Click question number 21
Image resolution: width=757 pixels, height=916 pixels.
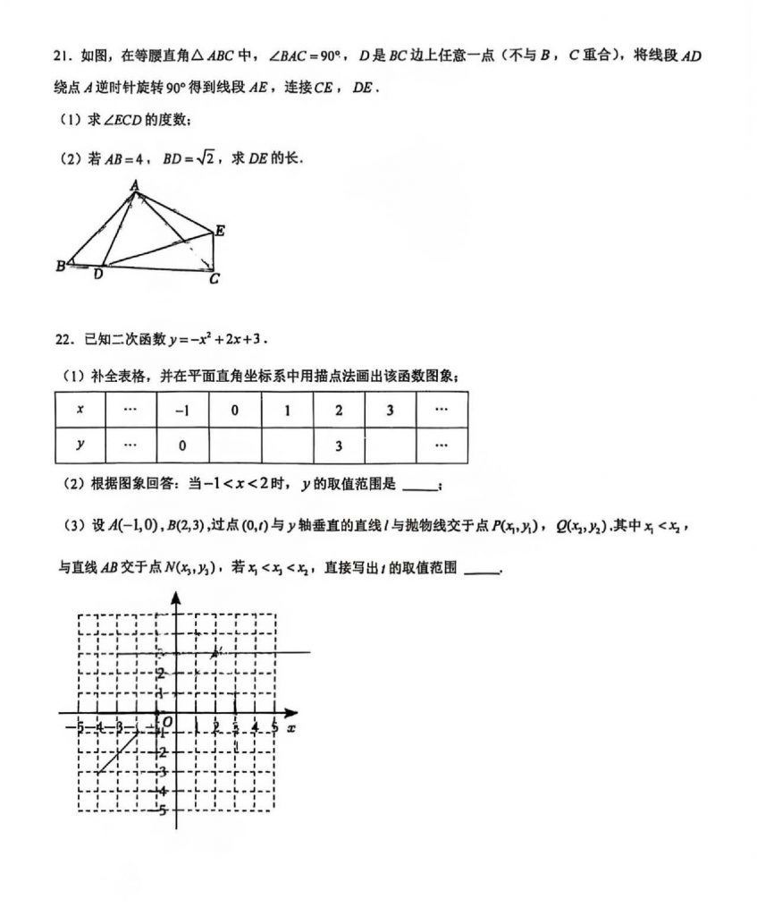pyautogui.click(x=62, y=57)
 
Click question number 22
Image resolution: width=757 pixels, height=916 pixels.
pyautogui.click(x=62, y=340)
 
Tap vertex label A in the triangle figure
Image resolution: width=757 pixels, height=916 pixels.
pyautogui.click(x=134, y=185)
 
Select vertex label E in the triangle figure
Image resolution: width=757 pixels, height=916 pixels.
pyautogui.click(x=220, y=231)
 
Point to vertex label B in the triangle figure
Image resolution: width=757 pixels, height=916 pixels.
pyautogui.click(x=60, y=266)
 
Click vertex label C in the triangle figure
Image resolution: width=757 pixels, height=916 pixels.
pyautogui.click(x=214, y=279)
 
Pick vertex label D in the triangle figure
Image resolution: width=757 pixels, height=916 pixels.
pyautogui.click(x=98, y=275)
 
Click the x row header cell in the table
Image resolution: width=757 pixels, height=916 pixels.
pyautogui.click(x=80, y=410)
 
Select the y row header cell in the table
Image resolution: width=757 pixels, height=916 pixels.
pyautogui.click(x=80, y=445)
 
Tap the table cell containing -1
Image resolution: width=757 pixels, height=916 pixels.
pyautogui.click(x=182, y=410)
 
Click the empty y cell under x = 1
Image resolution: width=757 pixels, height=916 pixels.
pyautogui.click(x=287, y=445)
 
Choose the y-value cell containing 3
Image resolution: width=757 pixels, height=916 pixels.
pyautogui.click(x=339, y=445)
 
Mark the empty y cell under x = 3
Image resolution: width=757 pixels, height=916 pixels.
pyautogui.click(x=391, y=445)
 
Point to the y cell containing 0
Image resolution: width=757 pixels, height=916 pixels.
pyautogui.click(x=182, y=445)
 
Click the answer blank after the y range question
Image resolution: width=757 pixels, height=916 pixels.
pyautogui.click(x=421, y=486)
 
